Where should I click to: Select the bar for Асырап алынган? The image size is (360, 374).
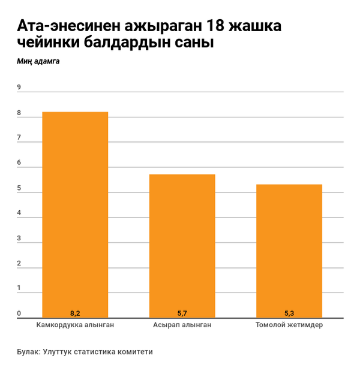(182, 246)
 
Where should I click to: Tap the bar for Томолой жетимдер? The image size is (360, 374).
(289, 251)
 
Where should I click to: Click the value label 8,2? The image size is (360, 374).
(75, 313)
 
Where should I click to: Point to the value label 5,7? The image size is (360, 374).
(182, 313)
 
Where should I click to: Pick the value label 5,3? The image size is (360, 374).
(289, 313)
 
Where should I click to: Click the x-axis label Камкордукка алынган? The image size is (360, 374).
(75, 325)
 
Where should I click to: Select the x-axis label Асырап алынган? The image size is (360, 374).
(182, 325)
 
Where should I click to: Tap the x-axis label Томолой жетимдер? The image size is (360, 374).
(289, 325)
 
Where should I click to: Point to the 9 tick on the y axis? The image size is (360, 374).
(19, 88)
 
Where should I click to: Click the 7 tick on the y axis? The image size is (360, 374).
(19, 138)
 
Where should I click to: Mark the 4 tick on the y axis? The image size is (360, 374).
(19, 213)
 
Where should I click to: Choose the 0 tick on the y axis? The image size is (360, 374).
(19, 313)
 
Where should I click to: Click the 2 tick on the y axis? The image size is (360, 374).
(19, 264)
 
